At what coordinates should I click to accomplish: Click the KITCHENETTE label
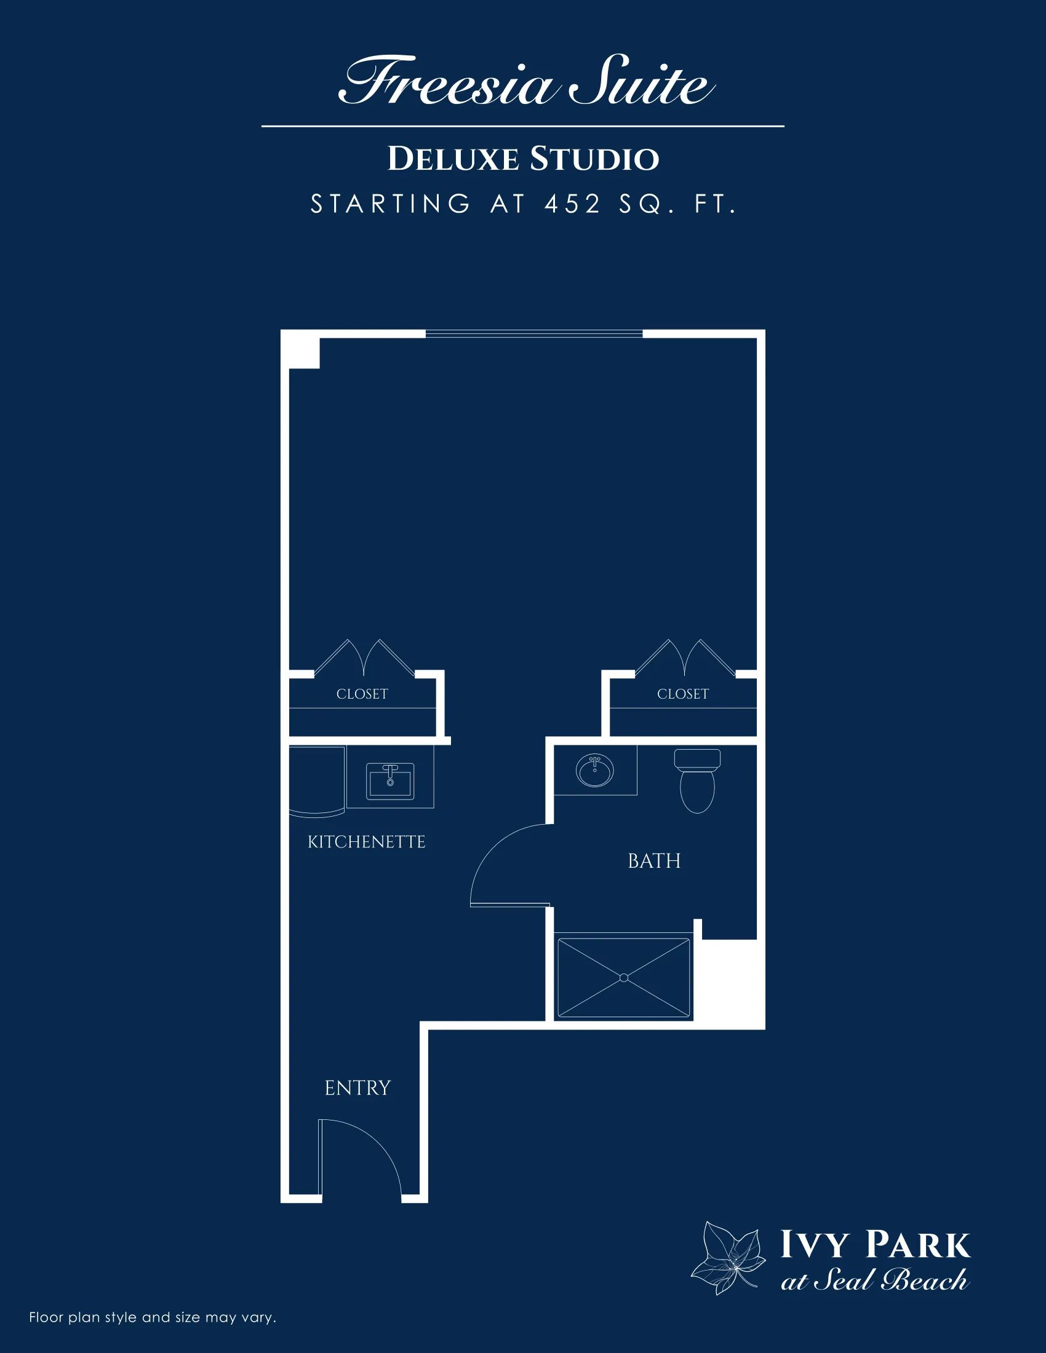[367, 842]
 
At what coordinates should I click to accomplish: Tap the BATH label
[655, 861]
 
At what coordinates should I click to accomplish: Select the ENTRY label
[357, 1088]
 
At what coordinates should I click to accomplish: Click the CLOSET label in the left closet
[362, 694]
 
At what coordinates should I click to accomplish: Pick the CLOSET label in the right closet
[683, 694]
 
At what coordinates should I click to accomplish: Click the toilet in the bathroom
[697, 780]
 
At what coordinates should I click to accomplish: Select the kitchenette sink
[389, 782]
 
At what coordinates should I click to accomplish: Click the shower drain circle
[624, 978]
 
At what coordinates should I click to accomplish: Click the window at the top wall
[534, 334]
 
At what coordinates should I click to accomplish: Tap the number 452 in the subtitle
[573, 204]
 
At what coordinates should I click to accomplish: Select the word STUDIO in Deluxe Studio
[594, 159]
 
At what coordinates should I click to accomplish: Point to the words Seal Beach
[890, 1280]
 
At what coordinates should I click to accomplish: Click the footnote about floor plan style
[153, 1317]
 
